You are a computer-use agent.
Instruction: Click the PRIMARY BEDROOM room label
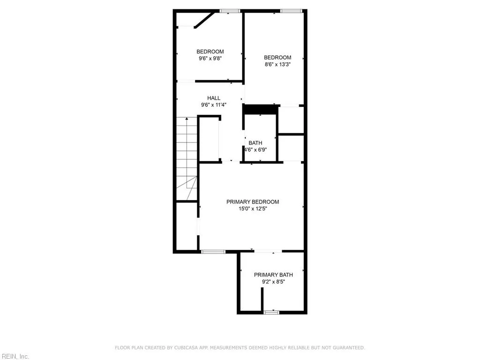pos(253,202)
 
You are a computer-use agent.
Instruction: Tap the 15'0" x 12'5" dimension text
pos(253,209)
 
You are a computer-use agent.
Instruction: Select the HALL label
pos(214,98)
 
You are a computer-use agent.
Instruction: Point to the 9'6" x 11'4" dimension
pos(214,105)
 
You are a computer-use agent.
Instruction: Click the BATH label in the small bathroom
pos(255,143)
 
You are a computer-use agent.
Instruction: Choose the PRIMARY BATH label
pos(273,275)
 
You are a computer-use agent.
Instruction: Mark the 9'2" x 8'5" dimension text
pos(273,282)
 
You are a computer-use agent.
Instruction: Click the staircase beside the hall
pos(187,159)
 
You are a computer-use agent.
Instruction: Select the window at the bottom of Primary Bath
pos(271,312)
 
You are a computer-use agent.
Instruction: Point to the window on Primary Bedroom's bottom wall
pos(213,252)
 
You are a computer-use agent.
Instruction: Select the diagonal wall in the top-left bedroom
pos(204,20)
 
